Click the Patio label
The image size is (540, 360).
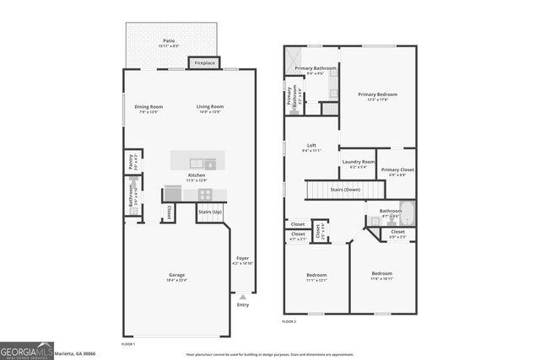pos(170,40)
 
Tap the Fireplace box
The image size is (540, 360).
pos(204,63)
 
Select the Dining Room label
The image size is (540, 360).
pos(149,107)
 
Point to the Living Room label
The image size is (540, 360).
pos(209,107)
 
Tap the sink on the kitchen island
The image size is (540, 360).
pos(197,164)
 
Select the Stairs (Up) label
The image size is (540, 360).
pos(210,212)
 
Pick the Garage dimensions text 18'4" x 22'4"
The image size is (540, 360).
pos(176,281)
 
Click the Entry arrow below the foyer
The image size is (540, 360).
pos(243,297)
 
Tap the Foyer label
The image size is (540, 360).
pos(243,258)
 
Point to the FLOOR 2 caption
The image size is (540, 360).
pos(289,322)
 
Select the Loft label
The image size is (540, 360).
pos(310,145)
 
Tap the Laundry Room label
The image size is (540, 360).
pos(358,162)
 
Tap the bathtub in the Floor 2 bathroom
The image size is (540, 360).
pos(408,212)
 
